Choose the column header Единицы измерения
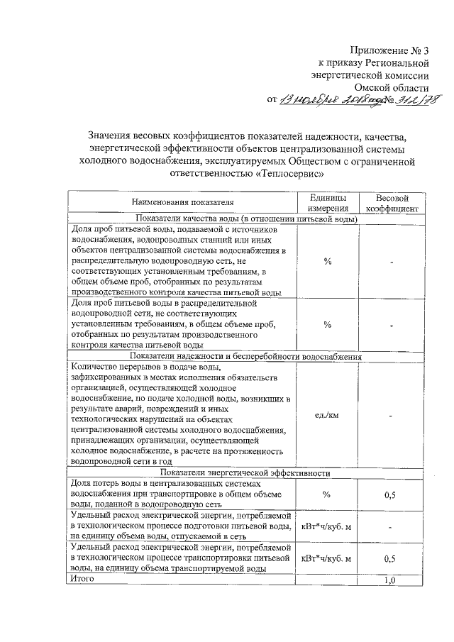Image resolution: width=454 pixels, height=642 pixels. pos(327,203)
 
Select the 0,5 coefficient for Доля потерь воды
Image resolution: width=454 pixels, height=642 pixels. pos(389,494)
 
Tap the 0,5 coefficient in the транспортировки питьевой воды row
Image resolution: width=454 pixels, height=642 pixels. pos(389,558)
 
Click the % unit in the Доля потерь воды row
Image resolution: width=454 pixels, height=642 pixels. pos(327,494)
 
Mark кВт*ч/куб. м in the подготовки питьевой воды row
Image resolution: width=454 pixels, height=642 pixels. pos(327,526)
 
